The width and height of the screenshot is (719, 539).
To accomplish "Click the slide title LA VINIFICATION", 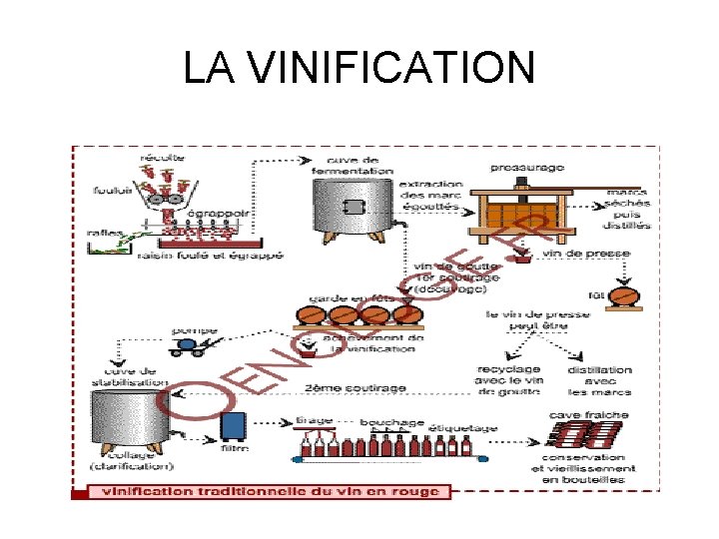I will (359, 68).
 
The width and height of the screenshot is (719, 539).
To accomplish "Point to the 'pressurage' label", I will (527, 167).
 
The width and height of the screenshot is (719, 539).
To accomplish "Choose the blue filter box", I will (233, 426).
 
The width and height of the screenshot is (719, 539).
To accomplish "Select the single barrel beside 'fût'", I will (623, 296).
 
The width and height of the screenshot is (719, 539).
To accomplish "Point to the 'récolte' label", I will (161, 158).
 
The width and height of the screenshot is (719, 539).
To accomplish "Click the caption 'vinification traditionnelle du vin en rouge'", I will (269, 491).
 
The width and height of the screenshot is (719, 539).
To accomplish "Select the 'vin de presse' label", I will (587, 255).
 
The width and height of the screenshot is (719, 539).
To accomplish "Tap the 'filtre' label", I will (233, 450).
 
